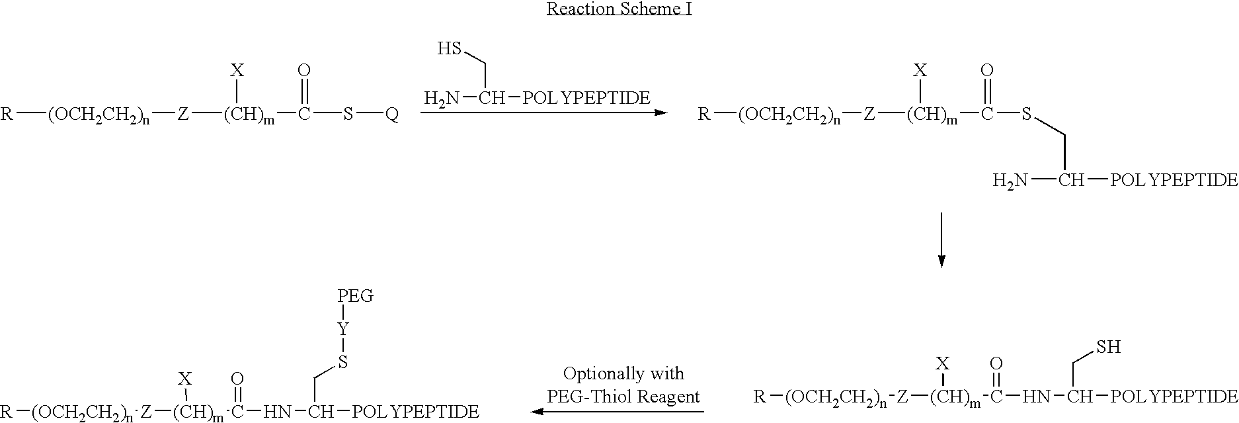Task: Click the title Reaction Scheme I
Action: (x=619, y=9)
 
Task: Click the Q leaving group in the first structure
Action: (x=392, y=115)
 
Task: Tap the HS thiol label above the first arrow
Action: (x=449, y=49)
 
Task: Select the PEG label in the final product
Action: (x=356, y=296)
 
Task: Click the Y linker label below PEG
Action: (x=343, y=328)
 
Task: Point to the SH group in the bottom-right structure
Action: (x=1109, y=347)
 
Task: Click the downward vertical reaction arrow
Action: (x=941, y=240)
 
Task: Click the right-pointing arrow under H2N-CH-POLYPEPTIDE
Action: (x=543, y=113)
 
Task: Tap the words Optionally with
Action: (x=623, y=374)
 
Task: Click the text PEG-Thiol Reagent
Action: (x=623, y=397)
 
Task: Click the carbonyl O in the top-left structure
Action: (x=304, y=70)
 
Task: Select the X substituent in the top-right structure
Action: (x=918, y=70)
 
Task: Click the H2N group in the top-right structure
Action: (x=1011, y=180)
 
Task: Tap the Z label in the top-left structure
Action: (x=183, y=115)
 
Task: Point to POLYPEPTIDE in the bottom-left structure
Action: (x=416, y=411)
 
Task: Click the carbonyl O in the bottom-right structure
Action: (x=996, y=363)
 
